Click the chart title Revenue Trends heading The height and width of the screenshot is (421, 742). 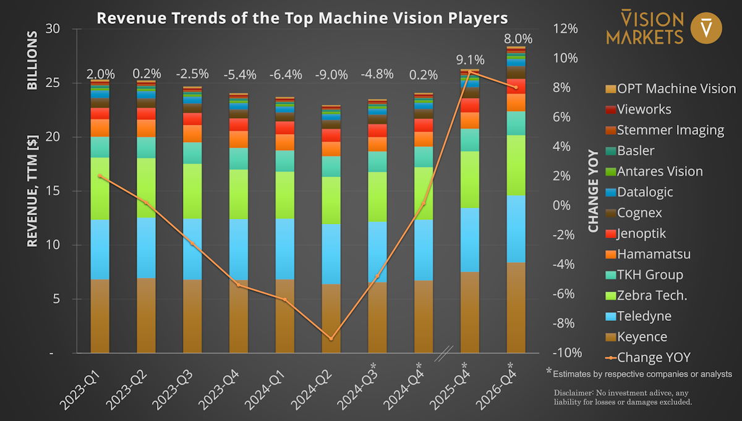[302, 18]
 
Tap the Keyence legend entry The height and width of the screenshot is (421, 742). [642, 337]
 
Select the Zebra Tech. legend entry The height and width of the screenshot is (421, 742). [652, 296]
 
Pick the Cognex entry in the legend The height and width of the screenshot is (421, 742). [639, 213]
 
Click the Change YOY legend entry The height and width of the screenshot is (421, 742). [654, 357]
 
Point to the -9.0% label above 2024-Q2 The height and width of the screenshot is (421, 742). [331, 75]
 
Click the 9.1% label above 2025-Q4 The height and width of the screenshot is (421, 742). [470, 61]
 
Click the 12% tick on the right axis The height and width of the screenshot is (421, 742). [565, 29]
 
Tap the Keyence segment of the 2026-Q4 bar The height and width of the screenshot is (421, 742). [516, 308]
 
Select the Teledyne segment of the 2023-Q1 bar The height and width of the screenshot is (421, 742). [100, 249]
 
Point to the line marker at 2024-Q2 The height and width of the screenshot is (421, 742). [331, 339]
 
